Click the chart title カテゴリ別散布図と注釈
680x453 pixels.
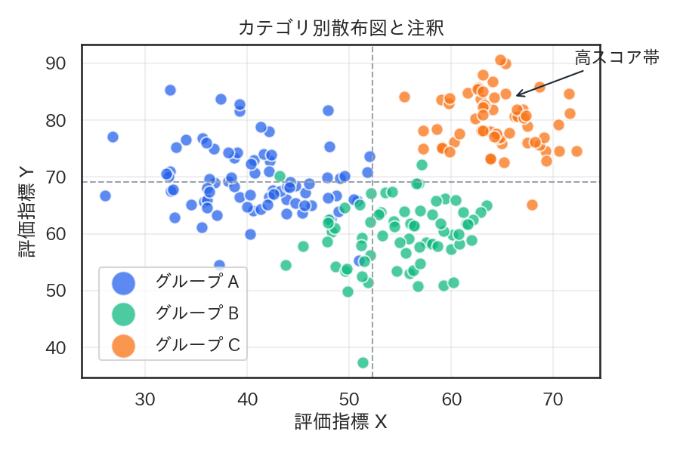(340, 29)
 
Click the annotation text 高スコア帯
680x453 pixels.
(617, 57)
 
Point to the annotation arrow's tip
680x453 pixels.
(516, 96)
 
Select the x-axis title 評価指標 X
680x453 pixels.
(341, 421)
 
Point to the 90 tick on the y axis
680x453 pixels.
(57, 63)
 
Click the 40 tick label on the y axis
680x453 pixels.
(57, 348)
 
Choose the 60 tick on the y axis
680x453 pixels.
(57, 234)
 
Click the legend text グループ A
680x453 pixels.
(196, 282)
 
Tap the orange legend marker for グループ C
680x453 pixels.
(123, 346)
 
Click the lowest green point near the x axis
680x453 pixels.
(363, 362)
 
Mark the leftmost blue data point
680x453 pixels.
(105, 196)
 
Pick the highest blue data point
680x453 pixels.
(170, 91)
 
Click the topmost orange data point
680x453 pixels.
(500, 60)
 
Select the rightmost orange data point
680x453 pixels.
(576, 151)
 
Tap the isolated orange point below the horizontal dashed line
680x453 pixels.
(532, 205)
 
